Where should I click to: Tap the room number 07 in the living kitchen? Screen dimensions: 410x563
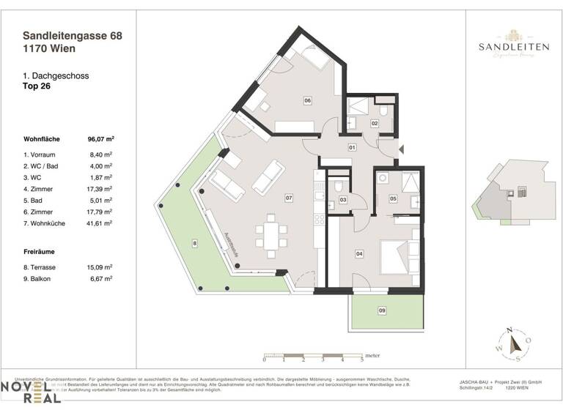(290, 198)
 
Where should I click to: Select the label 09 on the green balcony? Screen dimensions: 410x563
(381, 311)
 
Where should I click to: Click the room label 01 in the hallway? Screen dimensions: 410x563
(352, 148)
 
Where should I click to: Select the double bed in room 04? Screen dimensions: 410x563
(400, 255)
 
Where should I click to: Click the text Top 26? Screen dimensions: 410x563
(38, 86)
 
